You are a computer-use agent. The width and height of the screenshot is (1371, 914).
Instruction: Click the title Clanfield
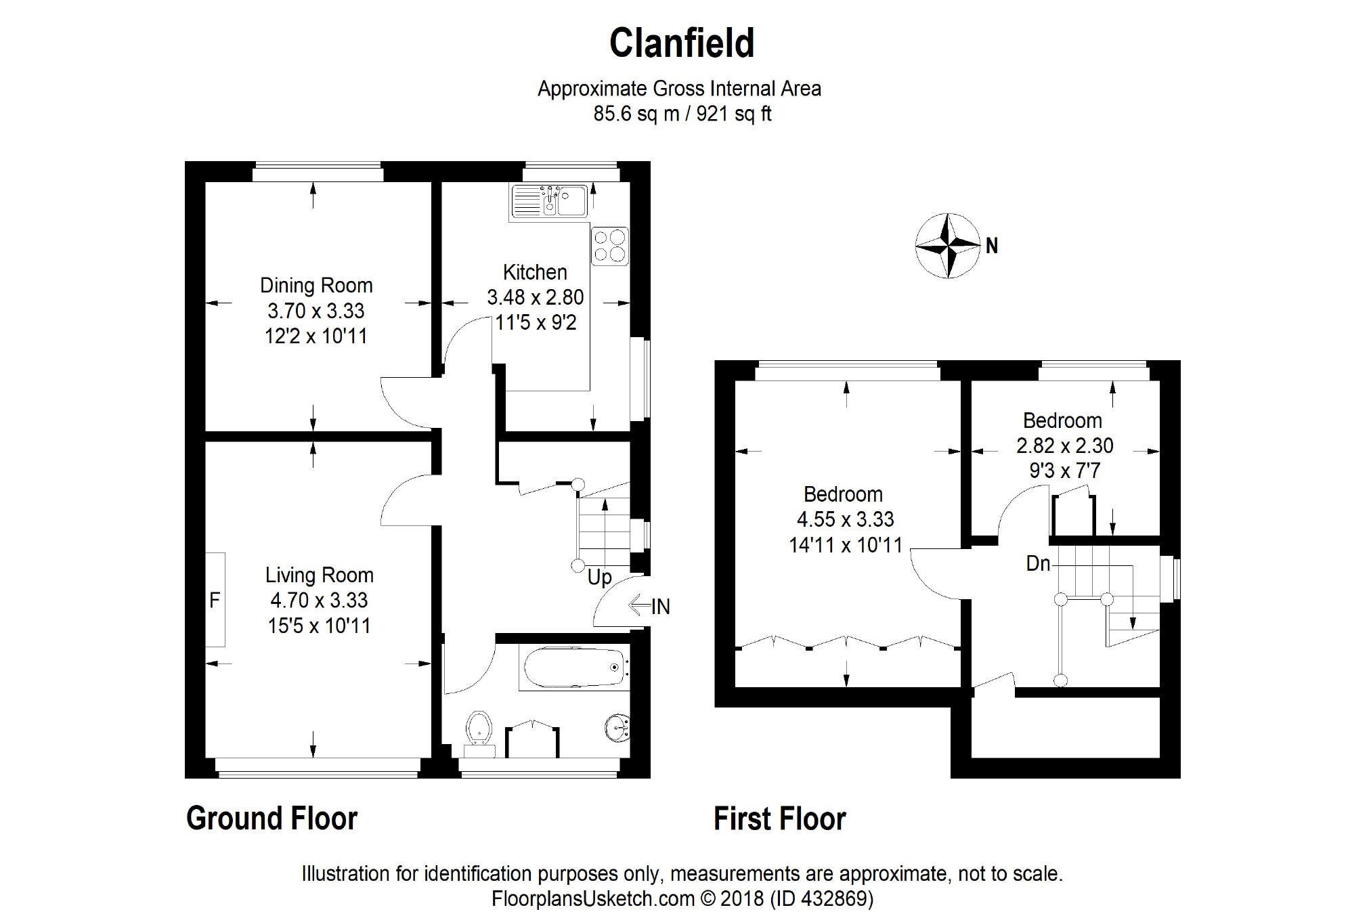pos(682,43)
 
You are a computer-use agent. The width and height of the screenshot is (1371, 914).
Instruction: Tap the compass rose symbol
pos(948,246)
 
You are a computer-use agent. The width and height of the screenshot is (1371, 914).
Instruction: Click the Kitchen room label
pos(535,272)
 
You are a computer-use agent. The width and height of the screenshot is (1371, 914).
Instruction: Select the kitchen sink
pos(550,201)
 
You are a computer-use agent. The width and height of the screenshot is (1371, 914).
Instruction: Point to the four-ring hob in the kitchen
pos(609,246)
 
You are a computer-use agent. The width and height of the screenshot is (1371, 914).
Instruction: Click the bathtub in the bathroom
pos(574,668)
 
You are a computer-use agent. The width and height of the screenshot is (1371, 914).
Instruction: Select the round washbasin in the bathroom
pos(617,728)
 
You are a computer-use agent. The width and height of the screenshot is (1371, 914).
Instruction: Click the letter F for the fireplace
pos(214,600)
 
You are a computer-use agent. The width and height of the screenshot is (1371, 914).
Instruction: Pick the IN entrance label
pos(661,607)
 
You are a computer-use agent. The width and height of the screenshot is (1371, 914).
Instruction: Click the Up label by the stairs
pos(600,578)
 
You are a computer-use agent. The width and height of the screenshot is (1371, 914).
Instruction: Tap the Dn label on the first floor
pos(1038,563)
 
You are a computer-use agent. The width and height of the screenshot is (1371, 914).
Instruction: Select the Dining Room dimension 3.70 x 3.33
pos(316,311)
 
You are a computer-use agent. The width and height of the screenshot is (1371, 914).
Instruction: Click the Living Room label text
pos(320,575)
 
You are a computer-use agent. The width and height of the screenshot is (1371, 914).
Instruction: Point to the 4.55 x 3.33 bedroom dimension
pos(846,519)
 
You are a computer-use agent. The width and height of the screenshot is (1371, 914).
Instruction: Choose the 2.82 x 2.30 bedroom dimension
pos(1065,445)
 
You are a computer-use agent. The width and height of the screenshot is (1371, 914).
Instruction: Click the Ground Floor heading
pos(271,819)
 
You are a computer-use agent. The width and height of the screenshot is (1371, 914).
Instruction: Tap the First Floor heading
pos(780,819)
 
